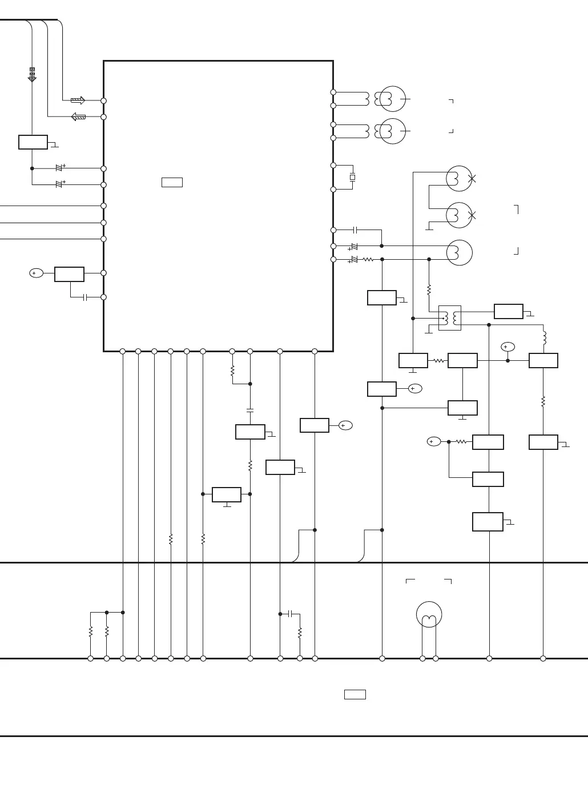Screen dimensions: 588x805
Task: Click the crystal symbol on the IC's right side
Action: pyautogui.click(x=352, y=178)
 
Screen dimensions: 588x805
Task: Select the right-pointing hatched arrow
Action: pyautogui.click(x=78, y=100)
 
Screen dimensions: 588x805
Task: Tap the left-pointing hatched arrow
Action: pyautogui.click(x=78, y=117)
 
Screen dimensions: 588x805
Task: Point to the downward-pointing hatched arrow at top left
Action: pyautogui.click(x=32, y=75)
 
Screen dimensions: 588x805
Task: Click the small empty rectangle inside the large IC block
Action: pyautogui.click(x=172, y=183)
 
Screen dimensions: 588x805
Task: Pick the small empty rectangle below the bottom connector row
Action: pyautogui.click(x=355, y=694)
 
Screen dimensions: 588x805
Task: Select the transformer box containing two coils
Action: pyautogui.click(x=450, y=318)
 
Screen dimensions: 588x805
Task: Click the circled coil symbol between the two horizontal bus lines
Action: pyautogui.click(x=429, y=615)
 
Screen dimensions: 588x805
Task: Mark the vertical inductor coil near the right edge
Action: pyautogui.click(x=544, y=338)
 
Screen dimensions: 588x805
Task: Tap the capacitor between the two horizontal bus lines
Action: pyautogui.click(x=291, y=614)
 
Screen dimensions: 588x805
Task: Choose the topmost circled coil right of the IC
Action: pyautogui.click(x=392, y=99)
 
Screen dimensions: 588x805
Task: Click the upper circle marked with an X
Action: pyautogui.click(x=459, y=179)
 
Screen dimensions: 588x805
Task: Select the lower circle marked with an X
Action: pyautogui.click(x=459, y=215)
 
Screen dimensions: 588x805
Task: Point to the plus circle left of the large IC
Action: pyautogui.click(x=36, y=273)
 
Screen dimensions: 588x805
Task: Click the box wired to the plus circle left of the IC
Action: pyautogui.click(x=69, y=274)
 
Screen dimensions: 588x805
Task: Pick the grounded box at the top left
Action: pyautogui.click(x=33, y=142)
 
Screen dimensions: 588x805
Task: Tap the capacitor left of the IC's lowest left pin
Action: pyautogui.click(x=84, y=297)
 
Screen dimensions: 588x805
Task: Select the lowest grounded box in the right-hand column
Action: pyautogui.click(x=488, y=522)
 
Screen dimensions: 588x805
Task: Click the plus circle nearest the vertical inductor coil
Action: pyautogui.click(x=508, y=347)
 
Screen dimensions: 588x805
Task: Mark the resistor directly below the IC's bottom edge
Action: pyautogui.click(x=232, y=371)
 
